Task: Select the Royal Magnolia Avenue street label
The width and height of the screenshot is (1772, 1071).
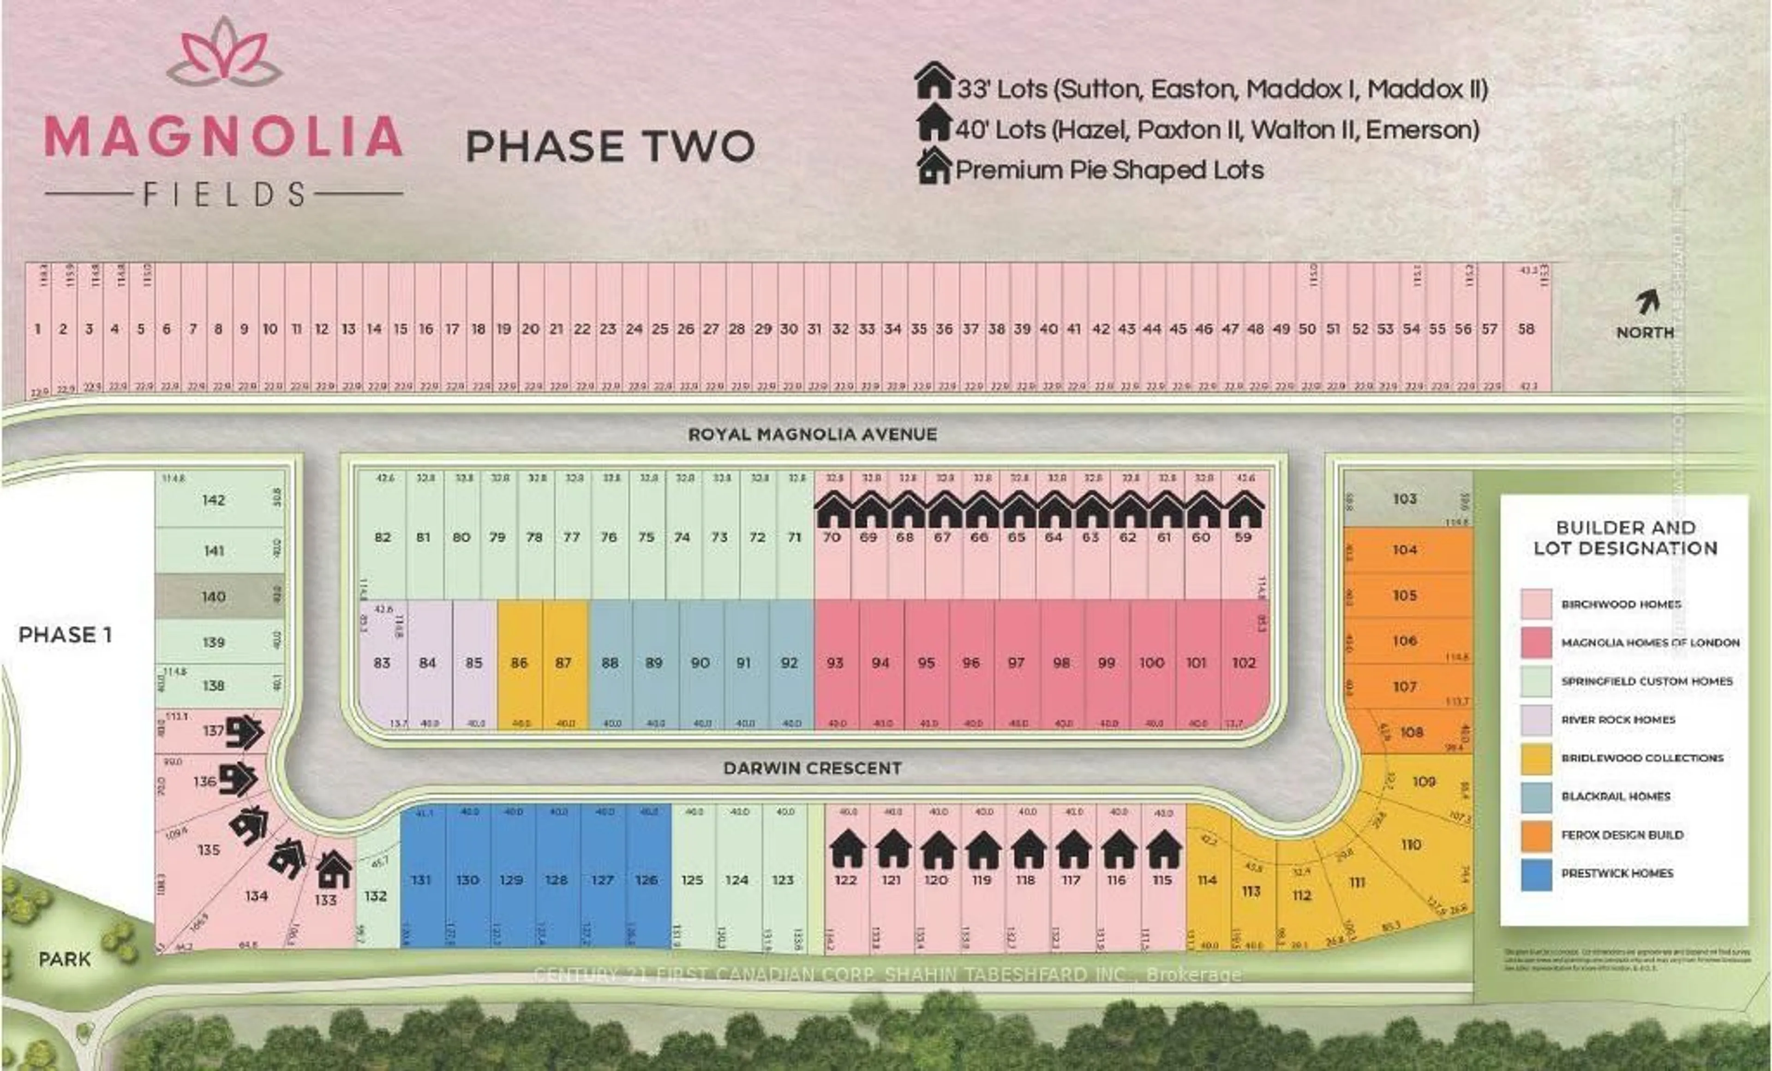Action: click(x=813, y=434)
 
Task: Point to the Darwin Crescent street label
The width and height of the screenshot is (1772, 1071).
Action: click(x=813, y=768)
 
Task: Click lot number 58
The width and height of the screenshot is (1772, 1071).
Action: click(x=1526, y=329)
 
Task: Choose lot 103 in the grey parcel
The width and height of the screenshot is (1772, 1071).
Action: click(x=1405, y=498)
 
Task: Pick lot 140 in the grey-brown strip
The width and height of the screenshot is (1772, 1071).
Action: click(x=214, y=596)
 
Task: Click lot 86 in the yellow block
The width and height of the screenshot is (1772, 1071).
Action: click(x=519, y=663)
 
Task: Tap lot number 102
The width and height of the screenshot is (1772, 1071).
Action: click(x=1244, y=663)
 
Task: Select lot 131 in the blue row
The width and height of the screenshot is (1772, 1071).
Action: click(x=421, y=880)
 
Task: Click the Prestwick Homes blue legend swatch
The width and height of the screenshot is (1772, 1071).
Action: click(x=1536, y=874)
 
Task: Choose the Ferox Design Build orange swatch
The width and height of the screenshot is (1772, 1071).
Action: click(x=1536, y=835)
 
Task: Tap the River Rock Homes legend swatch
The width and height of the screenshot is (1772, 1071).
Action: click(x=1536, y=720)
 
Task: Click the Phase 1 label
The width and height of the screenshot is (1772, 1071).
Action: click(x=65, y=635)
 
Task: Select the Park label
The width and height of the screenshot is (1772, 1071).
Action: click(x=65, y=959)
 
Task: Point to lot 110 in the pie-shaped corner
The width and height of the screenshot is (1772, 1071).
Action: click(x=1411, y=844)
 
